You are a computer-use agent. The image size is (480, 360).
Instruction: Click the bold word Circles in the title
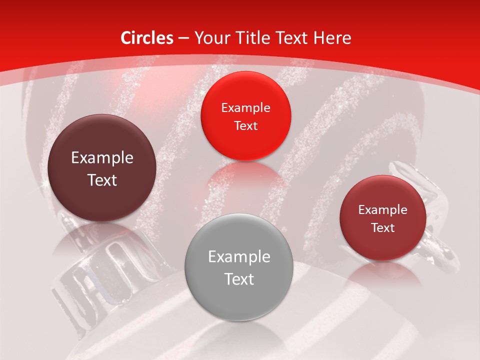click(x=147, y=38)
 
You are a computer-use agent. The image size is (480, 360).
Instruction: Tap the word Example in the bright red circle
click(x=245, y=108)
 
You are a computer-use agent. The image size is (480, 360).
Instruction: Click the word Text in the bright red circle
click(x=245, y=125)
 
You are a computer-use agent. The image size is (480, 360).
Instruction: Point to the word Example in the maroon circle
click(x=102, y=158)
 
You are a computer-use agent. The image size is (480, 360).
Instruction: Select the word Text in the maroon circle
click(x=102, y=180)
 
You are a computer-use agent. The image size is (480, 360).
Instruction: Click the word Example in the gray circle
click(x=239, y=257)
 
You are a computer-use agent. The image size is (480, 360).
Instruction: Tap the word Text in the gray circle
click(x=239, y=279)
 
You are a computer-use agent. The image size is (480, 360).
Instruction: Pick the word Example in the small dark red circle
click(x=382, y=210)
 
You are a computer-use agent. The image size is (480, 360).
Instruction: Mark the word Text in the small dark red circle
click(x=383, y=227)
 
